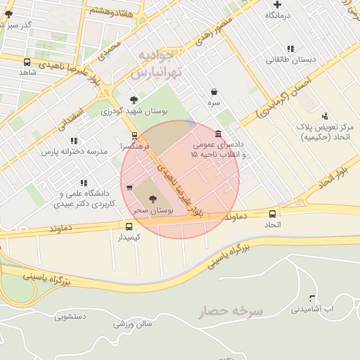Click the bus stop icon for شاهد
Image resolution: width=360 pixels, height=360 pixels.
27,63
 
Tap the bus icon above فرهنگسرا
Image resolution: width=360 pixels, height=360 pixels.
134,136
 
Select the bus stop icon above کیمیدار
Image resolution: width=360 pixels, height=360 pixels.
129,226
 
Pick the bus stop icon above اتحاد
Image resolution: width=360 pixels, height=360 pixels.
272,214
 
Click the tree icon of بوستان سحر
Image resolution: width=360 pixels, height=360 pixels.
153,199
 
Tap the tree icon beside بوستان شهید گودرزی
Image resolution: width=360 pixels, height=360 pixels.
134,100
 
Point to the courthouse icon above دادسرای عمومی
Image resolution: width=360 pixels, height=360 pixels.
219,134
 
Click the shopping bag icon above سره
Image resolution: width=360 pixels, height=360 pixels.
214,91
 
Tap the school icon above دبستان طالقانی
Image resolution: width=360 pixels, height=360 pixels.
290,49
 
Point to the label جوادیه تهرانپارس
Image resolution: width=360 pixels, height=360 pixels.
165,63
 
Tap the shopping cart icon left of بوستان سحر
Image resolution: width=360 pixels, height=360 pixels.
129,188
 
